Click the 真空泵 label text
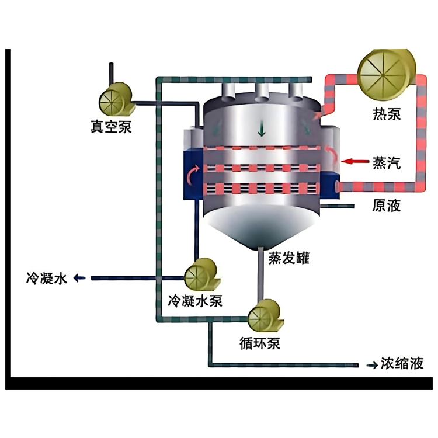(x=111, y=127)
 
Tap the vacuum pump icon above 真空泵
(x=116, y=99)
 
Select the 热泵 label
(x=387, y=114)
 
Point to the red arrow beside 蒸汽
(x=354, y=161)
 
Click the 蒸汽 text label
(x=387, y=162)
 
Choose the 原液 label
(x=387, y=206)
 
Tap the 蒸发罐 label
(x=289, y=258)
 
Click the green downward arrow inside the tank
(x=262, y=128)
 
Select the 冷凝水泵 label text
(x=195, y=301)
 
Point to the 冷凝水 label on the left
(x=47, y=278)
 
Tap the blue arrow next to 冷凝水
(x=79, y=278)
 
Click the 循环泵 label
(x=260, y=343)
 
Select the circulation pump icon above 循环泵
(x=265, y=315)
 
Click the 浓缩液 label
(x=402, y=363)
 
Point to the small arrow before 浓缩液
(x=373, y=364)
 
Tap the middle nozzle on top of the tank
(x=262, y=93)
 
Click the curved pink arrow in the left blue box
(x=193, y=175)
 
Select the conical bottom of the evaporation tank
(x=261, y=226)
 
